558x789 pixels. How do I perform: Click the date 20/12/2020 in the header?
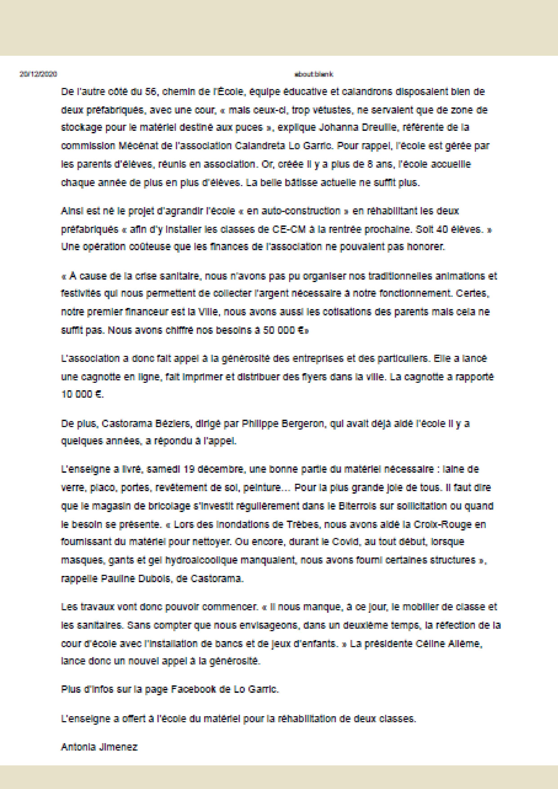click(x=38, y=74)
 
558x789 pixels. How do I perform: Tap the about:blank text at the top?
click(x=313, y=74)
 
